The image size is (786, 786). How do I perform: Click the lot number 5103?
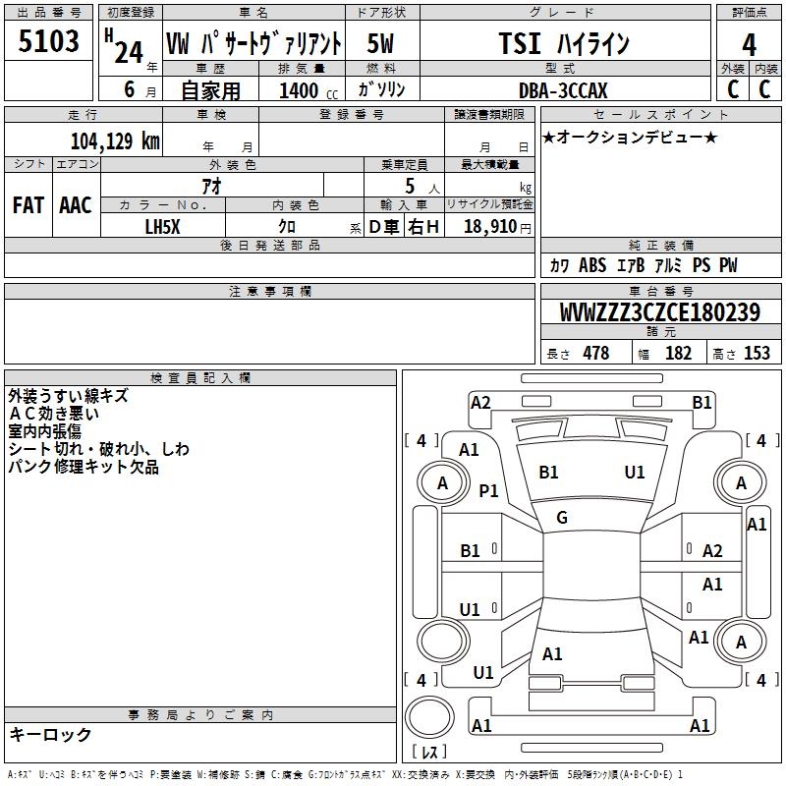click(48, 41)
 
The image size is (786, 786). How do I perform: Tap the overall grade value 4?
click(749, 45)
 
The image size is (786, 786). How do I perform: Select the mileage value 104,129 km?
click(115, 140)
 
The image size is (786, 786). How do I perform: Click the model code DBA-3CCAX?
click(563, 90)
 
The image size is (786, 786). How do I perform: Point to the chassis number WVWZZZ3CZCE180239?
click(660, 312)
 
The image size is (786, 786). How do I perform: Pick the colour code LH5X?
click(162, 227)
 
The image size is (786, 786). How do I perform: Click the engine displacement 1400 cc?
click(309, 90)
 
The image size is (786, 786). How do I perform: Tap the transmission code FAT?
click(28, 205)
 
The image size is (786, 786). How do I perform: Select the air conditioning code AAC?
click(76, 205)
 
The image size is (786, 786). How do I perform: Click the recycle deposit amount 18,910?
click(490, 227)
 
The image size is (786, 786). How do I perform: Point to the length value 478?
click(596, 353)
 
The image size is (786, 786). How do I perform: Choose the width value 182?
click(678, 353)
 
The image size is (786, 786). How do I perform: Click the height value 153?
click(757, 353)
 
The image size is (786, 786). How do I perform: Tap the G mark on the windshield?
click(562, 518)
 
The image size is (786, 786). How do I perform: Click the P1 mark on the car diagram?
click(488, 490)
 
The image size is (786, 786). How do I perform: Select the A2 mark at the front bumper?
click(480, 403)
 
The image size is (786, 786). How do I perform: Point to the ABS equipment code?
click(592, 264)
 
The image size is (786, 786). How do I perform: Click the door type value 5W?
click(380, 43)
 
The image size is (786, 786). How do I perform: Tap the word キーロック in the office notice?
click(50, 734)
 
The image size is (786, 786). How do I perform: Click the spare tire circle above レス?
click(429, 717)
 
